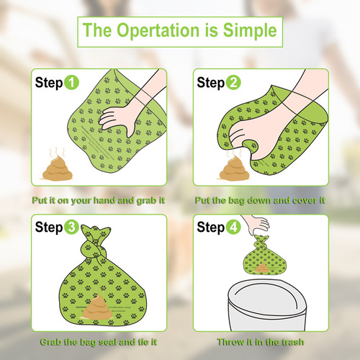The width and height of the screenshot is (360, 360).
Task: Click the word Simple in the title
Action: coord(247,32)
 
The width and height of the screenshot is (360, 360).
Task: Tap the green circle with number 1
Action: coord(72,83)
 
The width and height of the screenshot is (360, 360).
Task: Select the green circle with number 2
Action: coord(234,83)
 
